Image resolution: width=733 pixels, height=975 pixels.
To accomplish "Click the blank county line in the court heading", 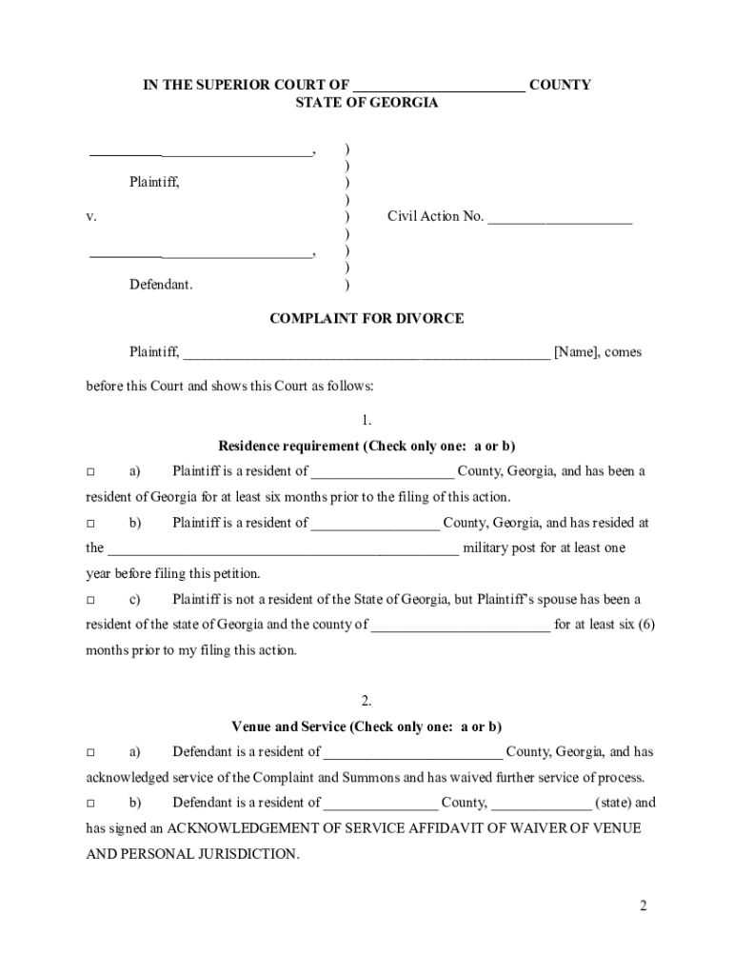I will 438,87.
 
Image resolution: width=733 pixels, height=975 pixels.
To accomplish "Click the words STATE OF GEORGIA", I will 366,103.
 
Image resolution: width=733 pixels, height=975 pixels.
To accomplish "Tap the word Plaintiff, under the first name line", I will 154,182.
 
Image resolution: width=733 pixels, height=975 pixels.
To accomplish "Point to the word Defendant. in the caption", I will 161,285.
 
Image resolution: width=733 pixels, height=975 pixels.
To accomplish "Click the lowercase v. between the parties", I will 91,217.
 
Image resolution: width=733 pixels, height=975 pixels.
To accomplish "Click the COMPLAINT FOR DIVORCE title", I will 366,318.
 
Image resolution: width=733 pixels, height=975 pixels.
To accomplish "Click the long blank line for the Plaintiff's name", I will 366,354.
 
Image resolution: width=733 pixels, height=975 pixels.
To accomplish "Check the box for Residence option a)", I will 91,471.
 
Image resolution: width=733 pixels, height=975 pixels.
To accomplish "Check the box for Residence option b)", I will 91,523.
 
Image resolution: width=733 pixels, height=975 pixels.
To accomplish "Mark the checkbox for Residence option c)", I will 91,600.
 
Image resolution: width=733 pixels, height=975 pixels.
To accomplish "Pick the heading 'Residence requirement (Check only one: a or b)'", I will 366,446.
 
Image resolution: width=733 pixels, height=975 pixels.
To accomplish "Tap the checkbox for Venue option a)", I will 91,752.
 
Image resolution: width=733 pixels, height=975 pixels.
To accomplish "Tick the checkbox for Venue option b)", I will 91,804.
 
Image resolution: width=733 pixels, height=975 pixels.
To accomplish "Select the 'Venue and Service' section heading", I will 366,726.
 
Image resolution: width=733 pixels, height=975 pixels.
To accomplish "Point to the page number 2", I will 644,905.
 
